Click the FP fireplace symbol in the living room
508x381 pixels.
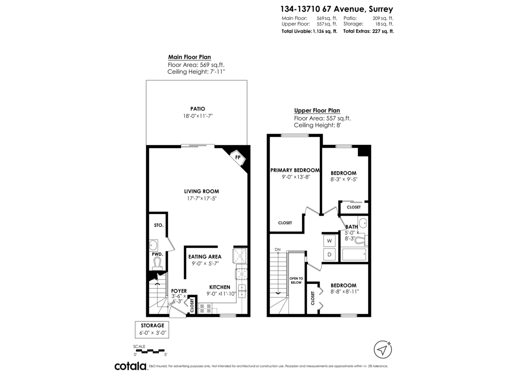click(x=238, y=157)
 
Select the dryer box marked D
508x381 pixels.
click(x=329, y=254)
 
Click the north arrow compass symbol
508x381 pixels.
click(x=383, y=350)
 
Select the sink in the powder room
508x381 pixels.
click(x=154, y=245)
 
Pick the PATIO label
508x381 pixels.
click(x=198, y=109)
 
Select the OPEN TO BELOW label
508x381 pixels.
click(x=296, y=280)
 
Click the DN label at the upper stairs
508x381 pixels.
click(x=278, y=249)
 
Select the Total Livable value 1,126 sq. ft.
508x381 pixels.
click(x=325, y=31)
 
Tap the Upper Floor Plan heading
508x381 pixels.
click(x=317, y=111)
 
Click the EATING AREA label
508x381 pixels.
click(x=204, y=257)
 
